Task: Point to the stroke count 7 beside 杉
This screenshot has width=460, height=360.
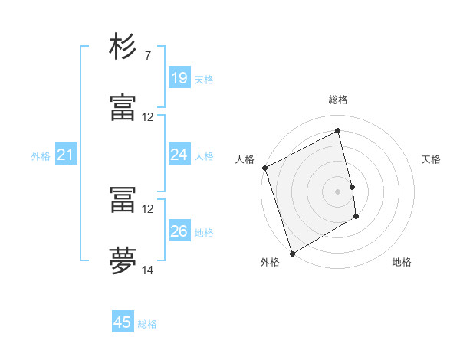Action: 147,56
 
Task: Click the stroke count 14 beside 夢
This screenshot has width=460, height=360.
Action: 148,270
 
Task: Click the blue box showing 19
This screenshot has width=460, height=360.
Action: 179,78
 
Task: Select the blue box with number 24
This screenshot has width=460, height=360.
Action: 179,155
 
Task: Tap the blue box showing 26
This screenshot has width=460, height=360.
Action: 179,231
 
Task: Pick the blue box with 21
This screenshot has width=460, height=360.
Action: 66,155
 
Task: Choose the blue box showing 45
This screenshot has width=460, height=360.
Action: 123,322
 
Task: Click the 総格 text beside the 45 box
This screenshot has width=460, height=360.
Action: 147,324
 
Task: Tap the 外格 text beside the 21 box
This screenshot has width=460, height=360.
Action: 41,156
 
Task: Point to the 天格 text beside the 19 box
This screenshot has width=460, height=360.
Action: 204,79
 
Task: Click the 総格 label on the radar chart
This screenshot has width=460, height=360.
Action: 338,100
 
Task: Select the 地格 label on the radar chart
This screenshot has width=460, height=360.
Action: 402,262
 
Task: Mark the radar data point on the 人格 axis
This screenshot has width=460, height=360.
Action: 264,168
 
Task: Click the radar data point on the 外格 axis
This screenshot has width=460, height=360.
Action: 292,253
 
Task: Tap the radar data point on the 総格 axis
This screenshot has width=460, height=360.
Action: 338,131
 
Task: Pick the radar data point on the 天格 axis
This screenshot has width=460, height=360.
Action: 352,187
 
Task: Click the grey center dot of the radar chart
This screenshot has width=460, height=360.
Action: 338,191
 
